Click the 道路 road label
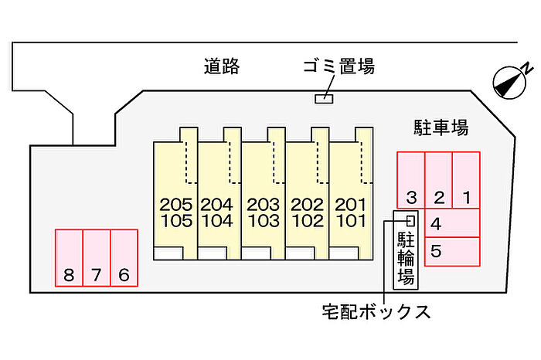pos(222,67)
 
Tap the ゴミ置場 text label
pos(338,67)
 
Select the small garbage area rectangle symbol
pos(323,98)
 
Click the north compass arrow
pos(512,80)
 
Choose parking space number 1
pos(466,181)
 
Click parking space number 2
pos(438,181)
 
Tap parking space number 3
pos(411,181)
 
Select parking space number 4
pos(453,223)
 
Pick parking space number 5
pos(453,250)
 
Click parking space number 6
pos(124,258)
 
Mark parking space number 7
pos(97,258)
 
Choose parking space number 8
pos(69,258)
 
